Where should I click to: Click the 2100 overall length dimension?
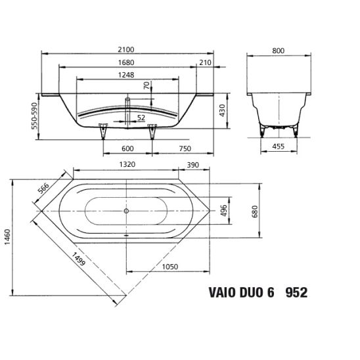(126, 49)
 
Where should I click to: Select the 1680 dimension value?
(126, 62)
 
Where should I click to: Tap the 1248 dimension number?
(126, 75)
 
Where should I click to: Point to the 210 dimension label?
(205, 62)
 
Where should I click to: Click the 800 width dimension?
(279, 51)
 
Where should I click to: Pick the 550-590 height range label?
(34, 116)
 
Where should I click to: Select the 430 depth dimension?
(223, 110)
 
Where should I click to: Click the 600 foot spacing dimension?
(127, 148)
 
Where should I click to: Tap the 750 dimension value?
(185, 148)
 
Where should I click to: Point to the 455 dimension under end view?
(279, 146)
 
